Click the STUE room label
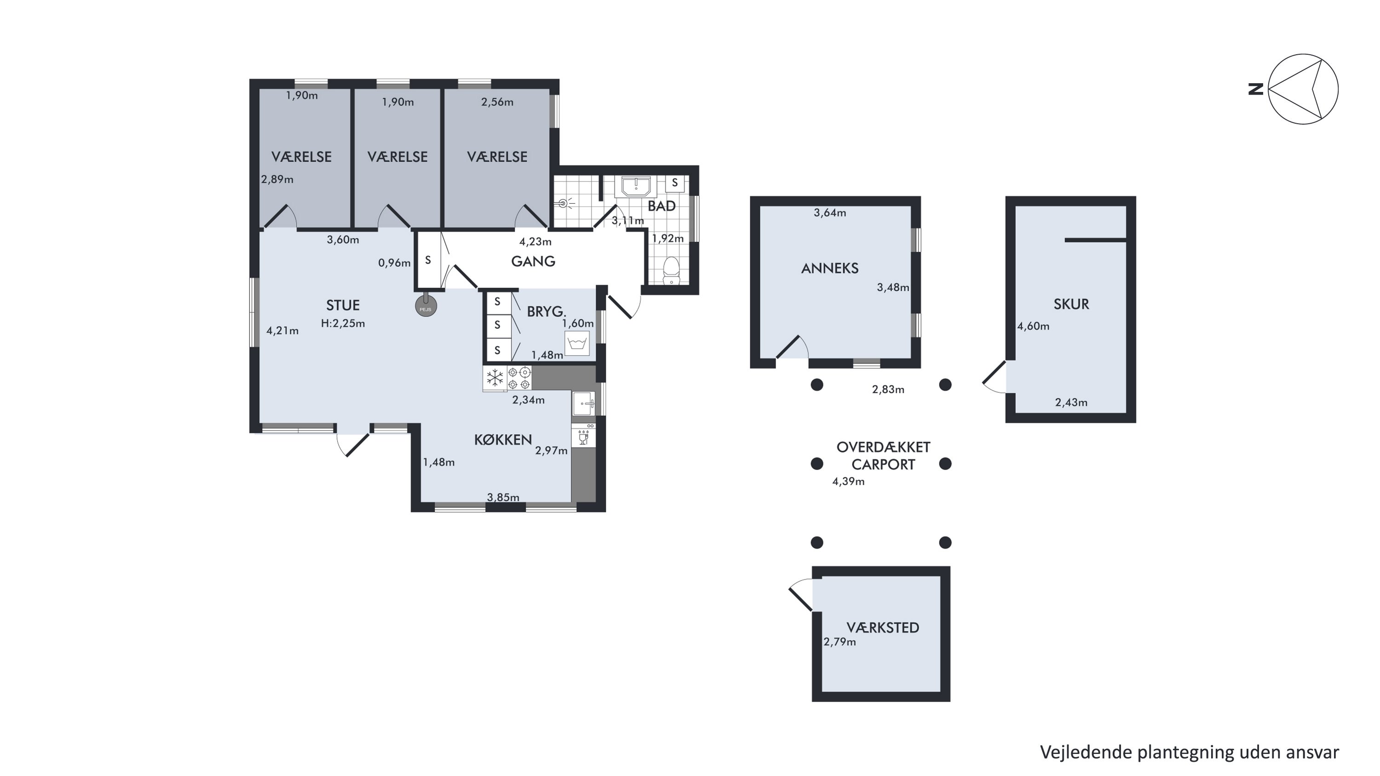pyautogui.click(x=343, y=305)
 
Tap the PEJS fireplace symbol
pyautogui.click(x=426, y=306)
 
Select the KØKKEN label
pyautogui.click(x=503, y=440)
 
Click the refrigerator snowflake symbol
pyautogui.click(x=494, y=378)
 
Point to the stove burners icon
pyautogui.click(x=519, y=378)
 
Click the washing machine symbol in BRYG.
pyautogui.click(x=577, y=343)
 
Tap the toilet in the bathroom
pyautogui.click(x=671, y=271)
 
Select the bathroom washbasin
pyautogui.click(x=636, y=187)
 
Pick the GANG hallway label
pyautogui.click(x=533, y=261)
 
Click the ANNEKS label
pyautogui.click(x=830, y=268)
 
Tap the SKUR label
pyautogui.click(x=1071, y=304)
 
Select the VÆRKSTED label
pyautogui.click(x=883, y=628)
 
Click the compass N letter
pyautogui.click(x=1256, y=89)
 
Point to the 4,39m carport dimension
pyautogui.click(x=849, y=482)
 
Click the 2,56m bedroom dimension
pyautogui.click(x=497, y=102)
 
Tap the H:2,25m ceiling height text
pyautogui.click(x=343, y=323)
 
